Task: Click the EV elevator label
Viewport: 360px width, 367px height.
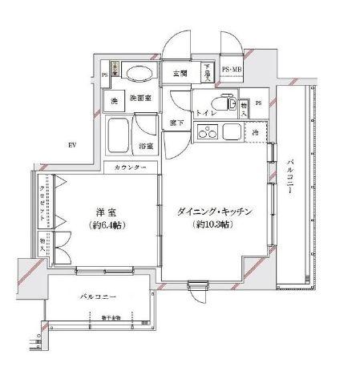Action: point(71,144)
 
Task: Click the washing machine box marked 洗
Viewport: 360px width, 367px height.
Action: point(114,102)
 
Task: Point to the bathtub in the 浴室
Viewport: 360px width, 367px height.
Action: point(120,136)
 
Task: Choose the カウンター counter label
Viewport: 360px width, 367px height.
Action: point(130,167)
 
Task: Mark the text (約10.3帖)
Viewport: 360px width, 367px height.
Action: point(212,225)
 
